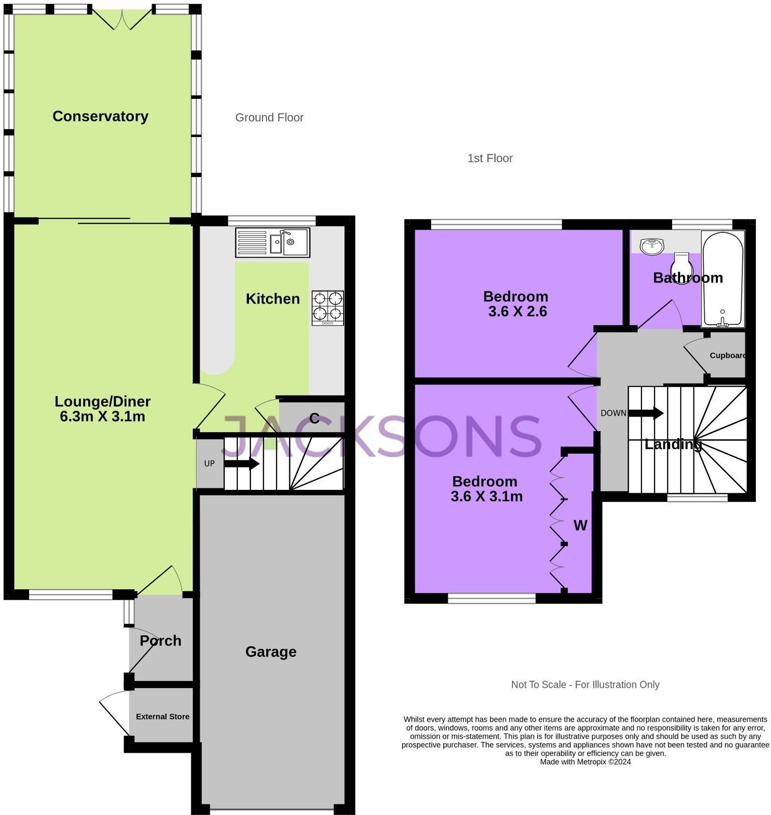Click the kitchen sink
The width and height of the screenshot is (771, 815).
click(273, 243)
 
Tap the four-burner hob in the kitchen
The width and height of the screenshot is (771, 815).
click(328, 308)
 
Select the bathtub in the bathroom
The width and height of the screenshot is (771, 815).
click(722, 279)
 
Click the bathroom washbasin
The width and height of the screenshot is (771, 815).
click(652, 246)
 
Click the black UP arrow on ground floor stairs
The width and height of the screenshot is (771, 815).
click(241, 464)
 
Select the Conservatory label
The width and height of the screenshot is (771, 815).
click(100, 116)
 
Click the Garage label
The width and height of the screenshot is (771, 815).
click(271, 652)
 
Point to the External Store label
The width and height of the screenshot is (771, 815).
click(163, 717)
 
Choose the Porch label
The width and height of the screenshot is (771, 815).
click(160, 641)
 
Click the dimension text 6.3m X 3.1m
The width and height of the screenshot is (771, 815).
click(102, 417)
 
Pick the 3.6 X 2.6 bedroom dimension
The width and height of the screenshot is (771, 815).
click(517, 312)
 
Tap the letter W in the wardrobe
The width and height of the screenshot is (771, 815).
click(580, 525)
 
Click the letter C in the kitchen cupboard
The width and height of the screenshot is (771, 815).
click(314, 419)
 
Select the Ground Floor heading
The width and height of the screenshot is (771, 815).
click(269, 117)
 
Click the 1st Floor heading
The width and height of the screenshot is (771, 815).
click(489, 159)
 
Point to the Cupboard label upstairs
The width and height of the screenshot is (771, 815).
click(727, 355)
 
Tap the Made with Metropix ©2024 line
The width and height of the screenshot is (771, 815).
click(585, 762)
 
